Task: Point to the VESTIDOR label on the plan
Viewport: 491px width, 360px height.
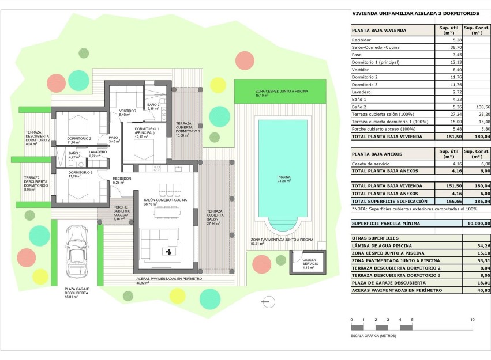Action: click(128, 111)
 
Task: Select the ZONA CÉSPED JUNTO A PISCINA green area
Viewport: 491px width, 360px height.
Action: click(281, 92)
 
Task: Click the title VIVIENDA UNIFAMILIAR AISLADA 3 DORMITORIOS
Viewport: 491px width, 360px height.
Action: click(407, 13)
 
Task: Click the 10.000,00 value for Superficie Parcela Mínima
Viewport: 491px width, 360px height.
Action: click(479, 223)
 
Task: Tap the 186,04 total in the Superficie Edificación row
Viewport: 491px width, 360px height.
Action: click(482, 201)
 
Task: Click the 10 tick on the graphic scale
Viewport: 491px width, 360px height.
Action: click(473, 320)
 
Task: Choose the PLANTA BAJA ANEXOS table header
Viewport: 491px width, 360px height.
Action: click(378, 154)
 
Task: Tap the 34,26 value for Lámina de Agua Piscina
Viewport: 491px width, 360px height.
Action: click(482, 245)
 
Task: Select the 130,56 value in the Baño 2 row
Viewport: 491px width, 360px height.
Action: click(482, 107)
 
